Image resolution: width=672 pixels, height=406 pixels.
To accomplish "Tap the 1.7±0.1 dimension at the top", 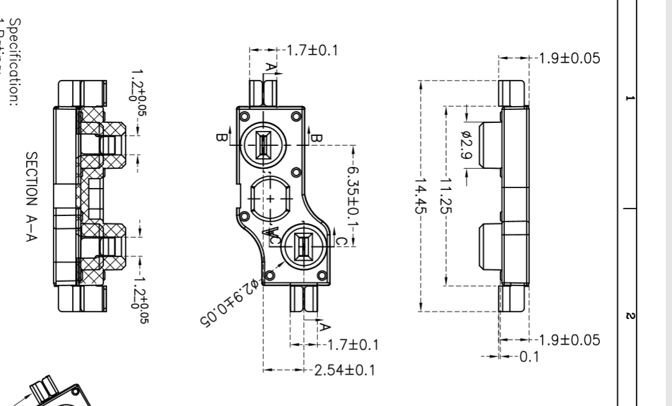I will [x=311, y=50].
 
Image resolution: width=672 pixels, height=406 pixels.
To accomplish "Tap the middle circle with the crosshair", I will [x=270, y=199].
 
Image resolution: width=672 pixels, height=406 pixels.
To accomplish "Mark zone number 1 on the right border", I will [x=630, y=99].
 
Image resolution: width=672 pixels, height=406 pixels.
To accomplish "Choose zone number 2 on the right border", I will [x=630, y=316].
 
